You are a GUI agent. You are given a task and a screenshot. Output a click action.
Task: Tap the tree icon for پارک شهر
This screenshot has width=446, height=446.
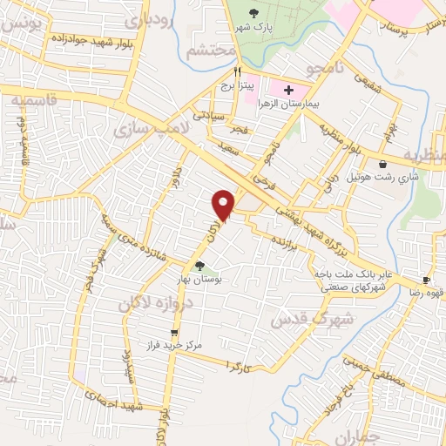[253, 12]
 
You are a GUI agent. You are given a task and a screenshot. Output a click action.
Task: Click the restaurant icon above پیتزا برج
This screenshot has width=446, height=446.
[248, 73]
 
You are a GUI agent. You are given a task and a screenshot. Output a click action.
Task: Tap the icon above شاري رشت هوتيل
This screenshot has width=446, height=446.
[383, 164]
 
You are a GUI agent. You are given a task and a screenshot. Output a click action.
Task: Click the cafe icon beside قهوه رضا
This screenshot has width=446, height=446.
[427, 280]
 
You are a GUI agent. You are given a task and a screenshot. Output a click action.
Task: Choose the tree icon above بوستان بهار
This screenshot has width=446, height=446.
[200, 267]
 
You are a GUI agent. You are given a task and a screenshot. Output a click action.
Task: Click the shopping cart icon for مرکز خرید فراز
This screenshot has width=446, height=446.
[174, 332]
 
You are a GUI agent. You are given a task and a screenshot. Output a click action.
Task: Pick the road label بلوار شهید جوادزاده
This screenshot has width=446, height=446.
[79, 40]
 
